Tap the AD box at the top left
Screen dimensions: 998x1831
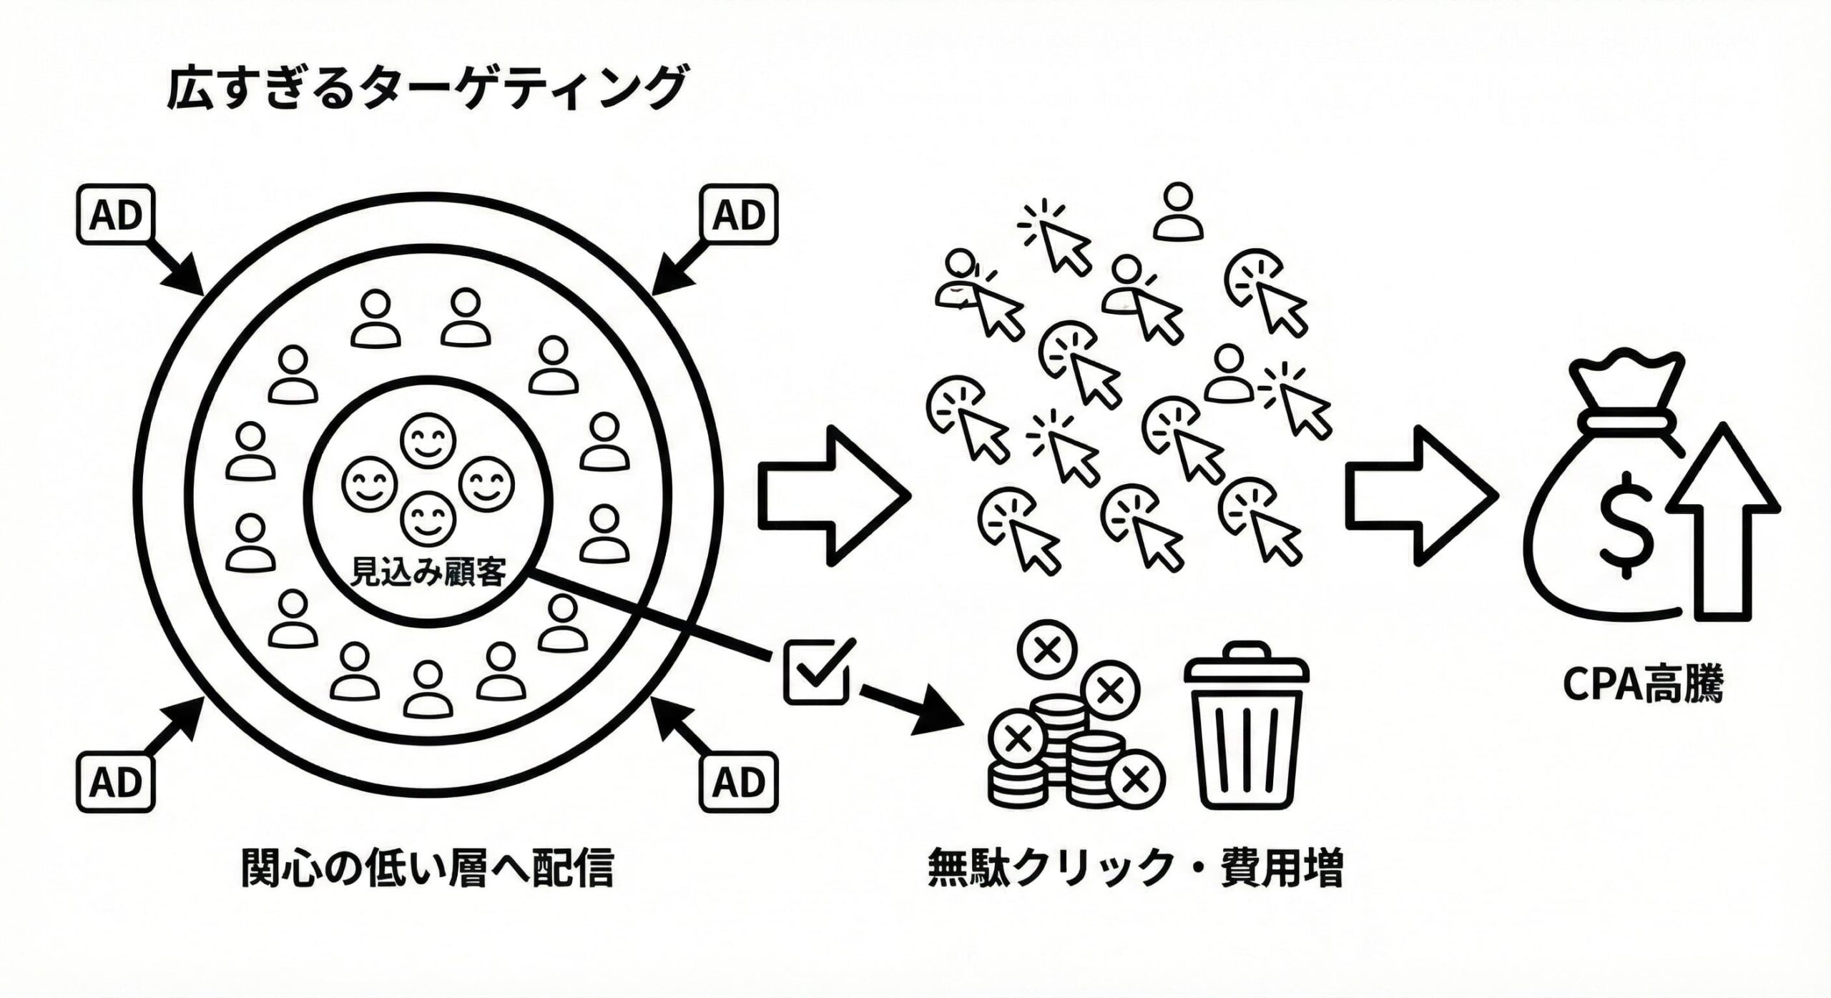(114, 215)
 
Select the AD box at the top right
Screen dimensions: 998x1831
(739, 215)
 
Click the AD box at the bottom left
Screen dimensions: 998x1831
(114, 781)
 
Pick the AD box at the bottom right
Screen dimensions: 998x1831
(739, 781)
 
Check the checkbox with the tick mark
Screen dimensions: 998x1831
(816, 671)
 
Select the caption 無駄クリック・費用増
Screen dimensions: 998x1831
(1135, 869)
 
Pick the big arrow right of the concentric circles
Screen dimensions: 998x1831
(830, 497)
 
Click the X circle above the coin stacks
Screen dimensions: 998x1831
(1048, 649)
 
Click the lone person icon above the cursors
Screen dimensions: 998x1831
(1177, 212)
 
